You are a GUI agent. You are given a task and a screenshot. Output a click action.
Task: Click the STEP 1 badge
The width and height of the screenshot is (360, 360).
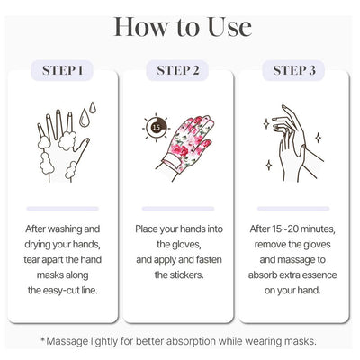(x=62, y=70)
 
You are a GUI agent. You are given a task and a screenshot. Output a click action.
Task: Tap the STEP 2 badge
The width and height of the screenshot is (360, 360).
(x=177, y=70)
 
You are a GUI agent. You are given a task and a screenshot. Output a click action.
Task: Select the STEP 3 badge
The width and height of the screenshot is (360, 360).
(x=293, y=70)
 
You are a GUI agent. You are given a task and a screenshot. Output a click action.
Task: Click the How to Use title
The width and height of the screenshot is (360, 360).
(x=183, y=27)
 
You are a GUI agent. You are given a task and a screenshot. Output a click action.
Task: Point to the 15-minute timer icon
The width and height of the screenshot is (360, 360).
(x=156, y=128)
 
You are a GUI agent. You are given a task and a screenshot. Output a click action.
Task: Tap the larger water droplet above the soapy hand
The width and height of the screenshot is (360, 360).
(x=85, y=117)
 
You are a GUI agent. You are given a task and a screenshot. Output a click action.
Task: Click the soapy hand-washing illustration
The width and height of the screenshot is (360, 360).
(x=64, y=146)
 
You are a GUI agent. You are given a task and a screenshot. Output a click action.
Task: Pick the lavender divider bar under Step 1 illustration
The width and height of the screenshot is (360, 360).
(x=63, y=209)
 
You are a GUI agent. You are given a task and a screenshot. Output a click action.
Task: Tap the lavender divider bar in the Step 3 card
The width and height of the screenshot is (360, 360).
(x=293, y=209)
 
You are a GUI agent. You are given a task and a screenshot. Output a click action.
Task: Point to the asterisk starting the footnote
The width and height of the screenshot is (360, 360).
(x=43, y=339)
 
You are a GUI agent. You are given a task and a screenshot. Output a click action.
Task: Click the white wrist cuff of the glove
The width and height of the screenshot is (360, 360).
(x=172, y=163)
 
